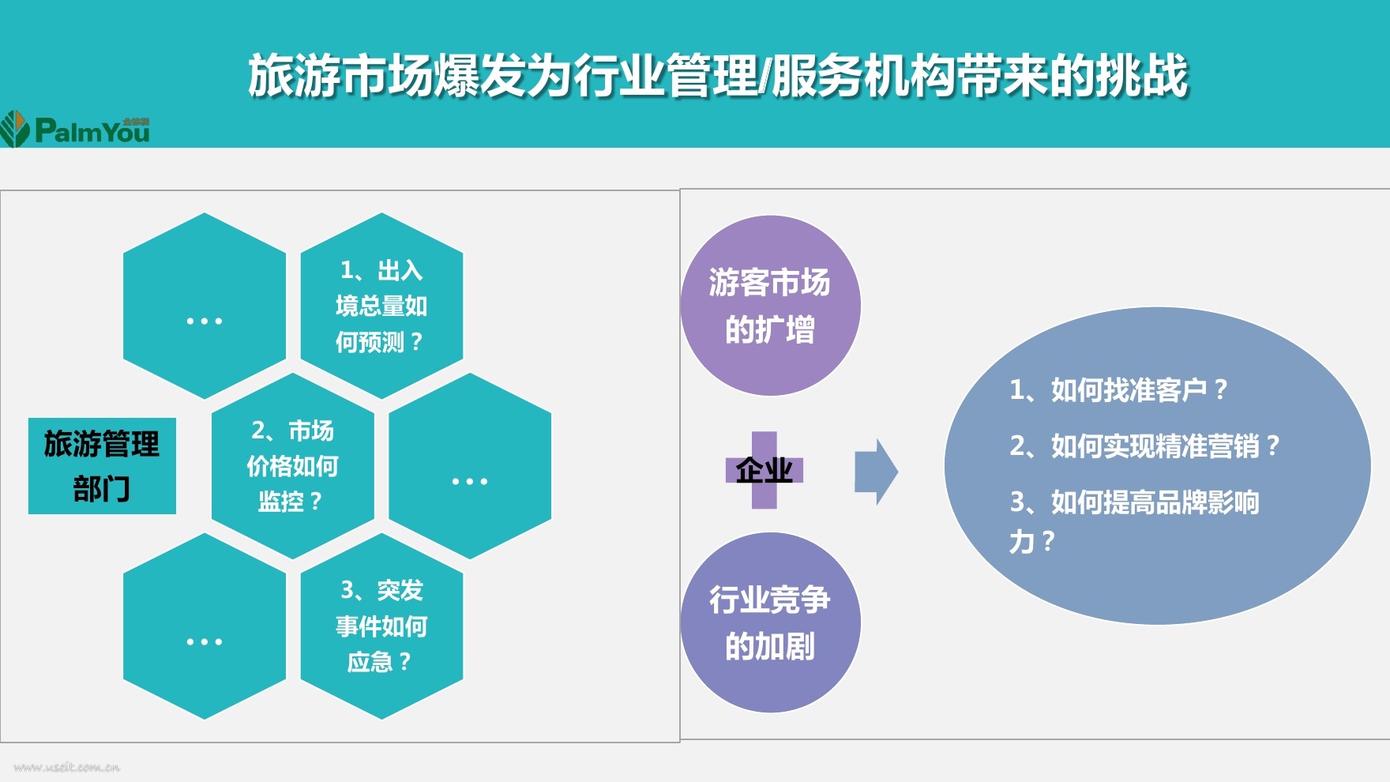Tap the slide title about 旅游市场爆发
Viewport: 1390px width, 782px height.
(x=717, y=77)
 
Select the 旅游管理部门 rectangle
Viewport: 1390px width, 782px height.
(x=102, y=466)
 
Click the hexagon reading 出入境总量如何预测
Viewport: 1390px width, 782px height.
(x=381, y=306)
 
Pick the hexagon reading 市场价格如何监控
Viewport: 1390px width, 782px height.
(x=292, y=466)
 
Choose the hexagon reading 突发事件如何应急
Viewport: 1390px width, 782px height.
(x=381, y=626)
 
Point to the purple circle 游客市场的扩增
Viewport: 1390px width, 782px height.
(x=770, y=306)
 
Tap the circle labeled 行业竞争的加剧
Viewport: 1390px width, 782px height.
(x=770, y=622)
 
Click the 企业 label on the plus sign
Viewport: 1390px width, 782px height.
(x=764, y=471)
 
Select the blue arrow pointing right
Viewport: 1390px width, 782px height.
(x=876, y=472)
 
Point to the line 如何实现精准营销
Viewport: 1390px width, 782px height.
(x=1144, y=446)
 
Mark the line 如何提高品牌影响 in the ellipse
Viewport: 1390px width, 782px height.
(x=1135, y=502)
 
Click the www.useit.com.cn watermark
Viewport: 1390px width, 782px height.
(x=67, y=767)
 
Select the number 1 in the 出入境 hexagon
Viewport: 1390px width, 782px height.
(x=347, y=271)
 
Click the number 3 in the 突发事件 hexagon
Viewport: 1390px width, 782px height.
(x=347, y=590)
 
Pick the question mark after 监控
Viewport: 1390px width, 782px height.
(x=316, y=502)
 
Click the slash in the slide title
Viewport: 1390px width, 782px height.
(x=763, y=77)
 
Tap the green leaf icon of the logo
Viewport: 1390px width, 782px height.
(x=14, y=129)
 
